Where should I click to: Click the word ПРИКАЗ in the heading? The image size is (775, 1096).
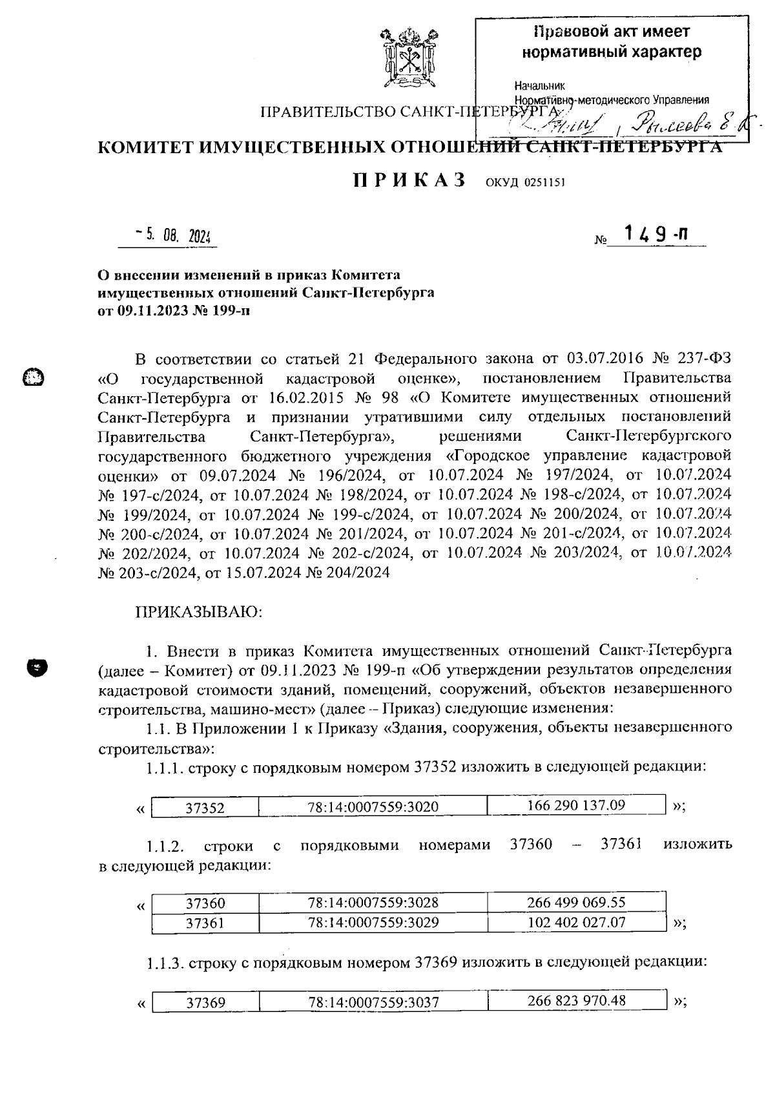click(x=409, y=180)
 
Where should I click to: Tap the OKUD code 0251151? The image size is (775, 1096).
click(x=524, y=182)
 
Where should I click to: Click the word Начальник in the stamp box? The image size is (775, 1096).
click(x=539, y=86)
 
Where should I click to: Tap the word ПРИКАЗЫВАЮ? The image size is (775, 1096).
click(x=198, y=611)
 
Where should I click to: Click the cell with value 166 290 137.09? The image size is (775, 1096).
click(x=576, y=805)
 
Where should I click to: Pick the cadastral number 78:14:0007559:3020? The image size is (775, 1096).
click(x=373, y=806)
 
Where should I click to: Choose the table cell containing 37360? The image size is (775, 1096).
click(x=205, y=903)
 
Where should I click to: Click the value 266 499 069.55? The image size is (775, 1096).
click(x=576, y=902)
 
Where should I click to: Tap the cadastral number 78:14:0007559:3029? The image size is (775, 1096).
click(x=373, y=923)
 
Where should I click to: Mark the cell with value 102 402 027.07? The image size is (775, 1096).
click(x=576, y=922)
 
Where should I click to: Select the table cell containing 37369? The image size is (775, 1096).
click(x=205, y=1002)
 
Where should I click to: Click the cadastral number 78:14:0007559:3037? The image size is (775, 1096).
click(x=373, y=1002)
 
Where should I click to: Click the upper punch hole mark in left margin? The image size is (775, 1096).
click(x=32, y=377)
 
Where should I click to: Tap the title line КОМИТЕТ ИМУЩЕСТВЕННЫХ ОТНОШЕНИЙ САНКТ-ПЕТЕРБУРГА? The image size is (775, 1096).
click(x=410, y=147)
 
